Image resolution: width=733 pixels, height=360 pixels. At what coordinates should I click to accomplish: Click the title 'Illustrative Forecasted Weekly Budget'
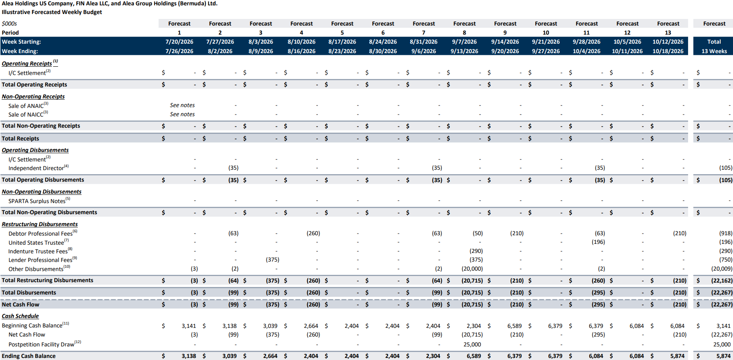(x=52, y=12)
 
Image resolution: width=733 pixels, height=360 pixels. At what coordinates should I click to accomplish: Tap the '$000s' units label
(x=9, y=23)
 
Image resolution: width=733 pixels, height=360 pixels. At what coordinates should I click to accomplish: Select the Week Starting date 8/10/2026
(x=301, y=42)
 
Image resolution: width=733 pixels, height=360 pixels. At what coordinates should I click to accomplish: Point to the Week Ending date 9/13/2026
(x=464, y=51)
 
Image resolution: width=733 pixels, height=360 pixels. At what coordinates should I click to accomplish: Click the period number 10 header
(x=546, y=33)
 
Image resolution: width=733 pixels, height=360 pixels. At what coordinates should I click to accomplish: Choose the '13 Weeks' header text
(x=714, y=51)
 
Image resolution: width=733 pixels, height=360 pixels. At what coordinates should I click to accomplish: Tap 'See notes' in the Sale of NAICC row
(x=182, y=114)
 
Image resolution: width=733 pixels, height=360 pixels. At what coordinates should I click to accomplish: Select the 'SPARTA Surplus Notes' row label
(x=39, y=201)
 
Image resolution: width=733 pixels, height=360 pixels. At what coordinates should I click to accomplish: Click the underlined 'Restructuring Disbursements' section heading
(x=40, y=224)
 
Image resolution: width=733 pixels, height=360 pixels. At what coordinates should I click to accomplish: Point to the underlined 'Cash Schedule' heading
(x=20, y=316)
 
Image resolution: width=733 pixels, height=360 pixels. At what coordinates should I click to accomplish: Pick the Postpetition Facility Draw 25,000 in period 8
(x=472, y=344)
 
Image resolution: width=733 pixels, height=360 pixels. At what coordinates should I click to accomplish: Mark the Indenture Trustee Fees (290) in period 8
(x=476, y=251)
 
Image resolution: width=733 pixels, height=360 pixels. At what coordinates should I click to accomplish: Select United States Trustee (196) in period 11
(x=598, y=242)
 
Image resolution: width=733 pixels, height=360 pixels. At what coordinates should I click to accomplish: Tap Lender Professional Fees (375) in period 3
(x=272, y=259)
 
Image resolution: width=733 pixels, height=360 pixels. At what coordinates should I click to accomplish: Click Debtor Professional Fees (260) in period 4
(x=313, y=233)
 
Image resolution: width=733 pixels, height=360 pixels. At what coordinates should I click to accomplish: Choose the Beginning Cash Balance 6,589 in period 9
(x=514, y=326)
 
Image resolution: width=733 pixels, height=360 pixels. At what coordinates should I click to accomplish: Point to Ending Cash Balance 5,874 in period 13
(x=677, y=356)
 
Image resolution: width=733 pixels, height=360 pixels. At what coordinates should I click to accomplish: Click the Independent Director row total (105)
(x=726, y=168)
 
